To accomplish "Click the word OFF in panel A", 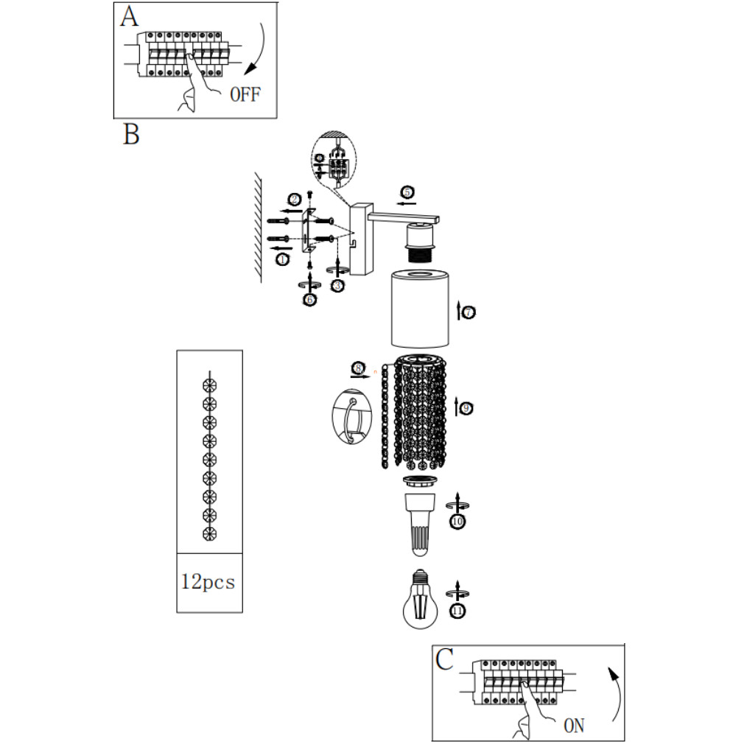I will (245, 94).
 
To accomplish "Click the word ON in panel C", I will (574, 726).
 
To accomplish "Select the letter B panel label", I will (131, 135).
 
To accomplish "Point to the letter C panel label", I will (444, 661).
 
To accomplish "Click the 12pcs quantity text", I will (208, 582).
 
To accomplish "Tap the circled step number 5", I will (406, 192).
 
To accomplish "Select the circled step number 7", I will (468, 313).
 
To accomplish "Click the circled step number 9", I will (467, 407).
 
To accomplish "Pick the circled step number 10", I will (458, 522).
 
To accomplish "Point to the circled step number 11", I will (458, 610).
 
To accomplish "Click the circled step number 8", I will (359, 367).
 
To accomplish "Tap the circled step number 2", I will (294, 200).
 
